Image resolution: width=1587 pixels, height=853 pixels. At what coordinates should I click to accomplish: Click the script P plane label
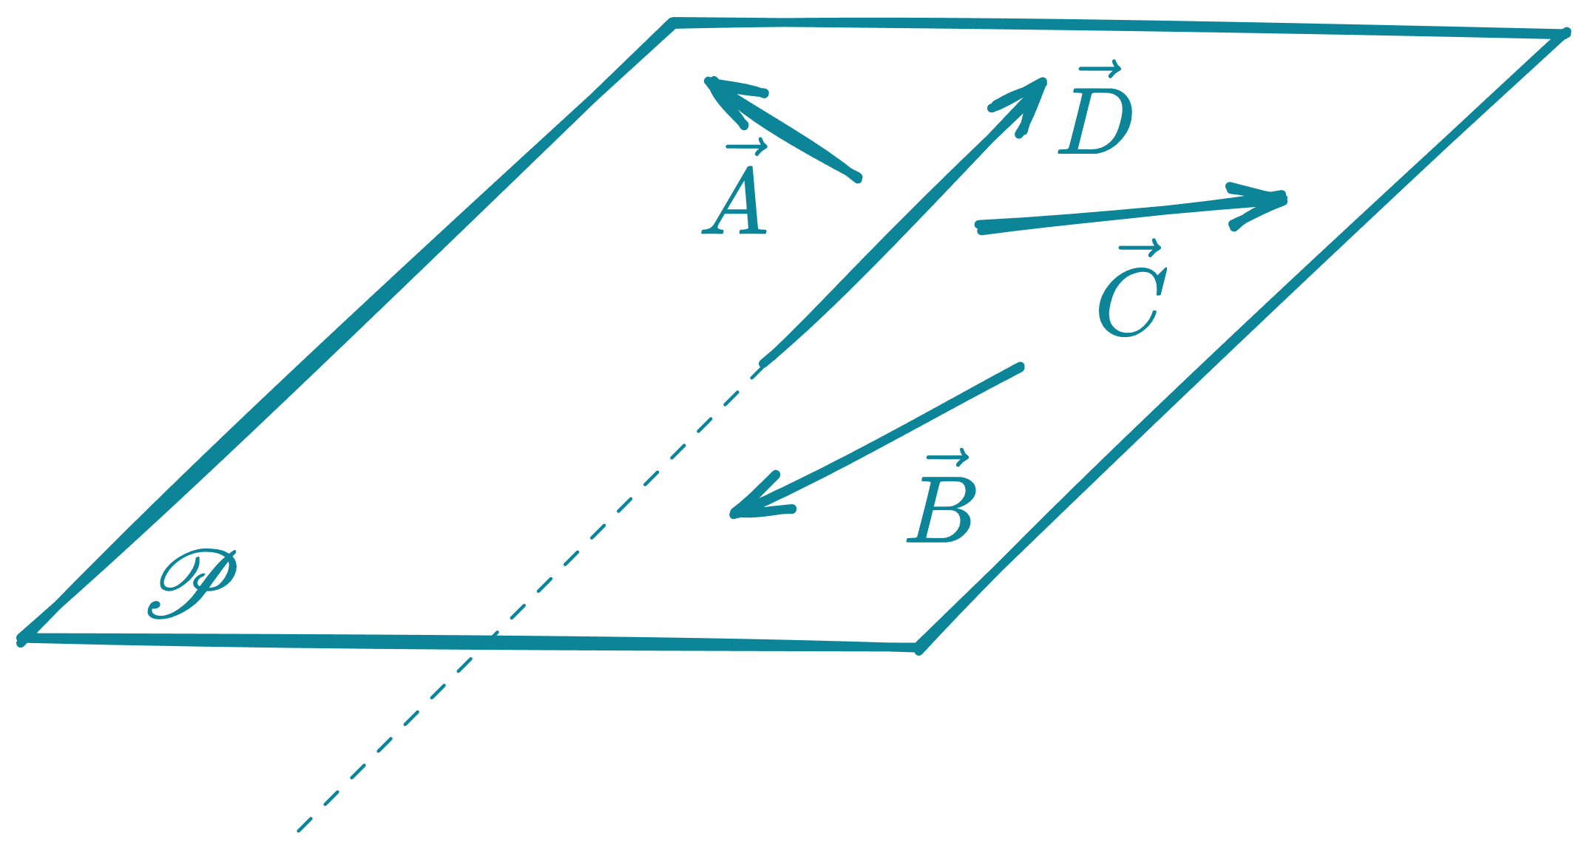point(192,584)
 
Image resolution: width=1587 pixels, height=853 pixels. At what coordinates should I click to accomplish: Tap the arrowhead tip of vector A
point(707,80)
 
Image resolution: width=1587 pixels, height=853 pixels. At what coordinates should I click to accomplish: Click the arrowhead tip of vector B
point(732,514)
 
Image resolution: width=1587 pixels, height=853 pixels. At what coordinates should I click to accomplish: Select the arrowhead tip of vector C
point(1285,198)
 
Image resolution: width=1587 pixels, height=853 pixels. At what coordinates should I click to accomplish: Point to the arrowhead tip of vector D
point(1043,80)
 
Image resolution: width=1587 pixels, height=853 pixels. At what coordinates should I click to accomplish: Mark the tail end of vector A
point(858,178)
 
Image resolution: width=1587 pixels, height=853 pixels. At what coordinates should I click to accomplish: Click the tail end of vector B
point(1021,366)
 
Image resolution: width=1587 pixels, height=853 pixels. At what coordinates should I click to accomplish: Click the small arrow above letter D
point(1099,70)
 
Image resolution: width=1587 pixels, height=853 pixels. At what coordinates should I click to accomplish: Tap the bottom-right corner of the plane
point(918,649)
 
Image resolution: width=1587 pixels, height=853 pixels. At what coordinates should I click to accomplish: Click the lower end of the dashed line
point(299,831)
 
